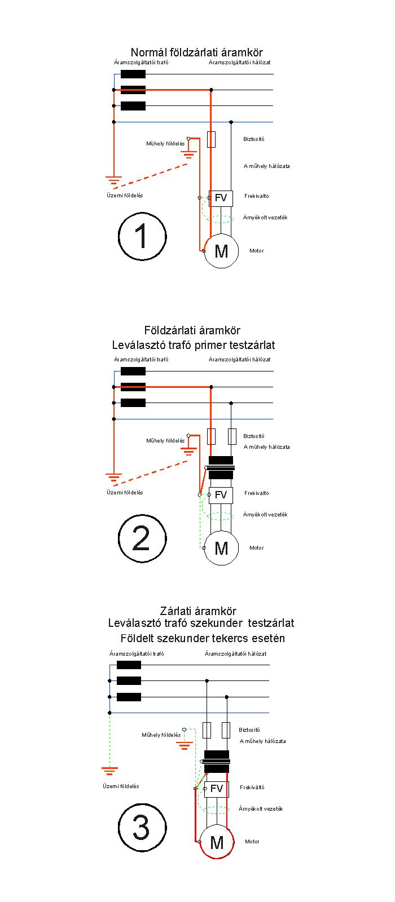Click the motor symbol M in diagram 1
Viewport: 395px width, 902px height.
[x=221, y=251]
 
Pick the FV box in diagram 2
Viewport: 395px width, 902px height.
[x=221, y=496]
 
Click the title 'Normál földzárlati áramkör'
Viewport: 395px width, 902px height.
[x=197, y=52]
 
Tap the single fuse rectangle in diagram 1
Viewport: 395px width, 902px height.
[x=211, y=139]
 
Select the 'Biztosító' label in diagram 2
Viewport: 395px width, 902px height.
[x=254, y=436]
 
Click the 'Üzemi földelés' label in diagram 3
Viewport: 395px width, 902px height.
[x=121, y=786]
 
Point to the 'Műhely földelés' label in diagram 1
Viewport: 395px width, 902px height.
[x=165, y=144]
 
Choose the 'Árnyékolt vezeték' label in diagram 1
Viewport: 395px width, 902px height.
[x=265, y=218]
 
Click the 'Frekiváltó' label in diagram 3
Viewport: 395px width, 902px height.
[x=252, y=787]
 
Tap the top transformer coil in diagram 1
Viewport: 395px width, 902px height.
[x=133, y=74]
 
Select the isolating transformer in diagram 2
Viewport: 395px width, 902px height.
[x=221, y=467]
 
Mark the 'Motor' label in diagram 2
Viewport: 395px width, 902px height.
[x=256, y=547]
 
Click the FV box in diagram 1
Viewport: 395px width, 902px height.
[x=221, y=198]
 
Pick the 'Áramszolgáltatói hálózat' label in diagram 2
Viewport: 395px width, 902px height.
[x=239, y=359]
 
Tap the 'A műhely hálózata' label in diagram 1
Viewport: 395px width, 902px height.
[x=266, y=166]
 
